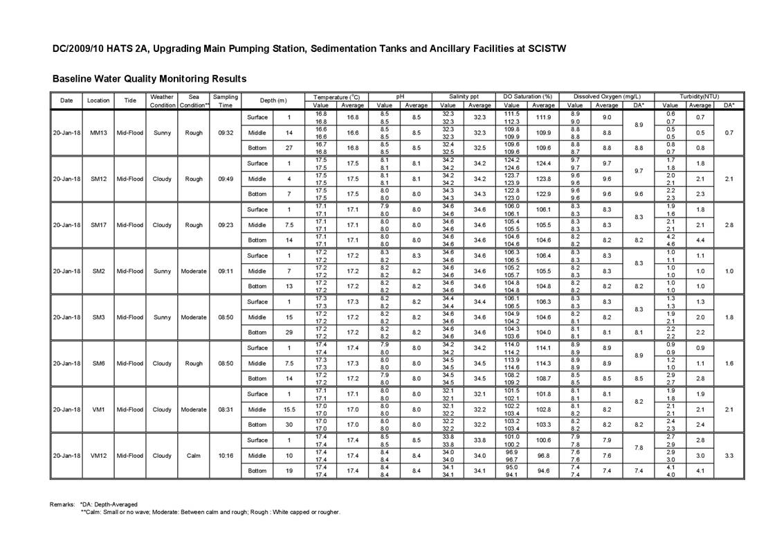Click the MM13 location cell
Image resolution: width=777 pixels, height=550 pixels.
pos(98,133)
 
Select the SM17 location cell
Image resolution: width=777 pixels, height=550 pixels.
pos(98,225)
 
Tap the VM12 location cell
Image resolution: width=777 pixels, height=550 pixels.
pos(98,456)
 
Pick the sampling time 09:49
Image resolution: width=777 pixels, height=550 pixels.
pos(225,179)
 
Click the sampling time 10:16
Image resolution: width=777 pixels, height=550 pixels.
pos(225,456)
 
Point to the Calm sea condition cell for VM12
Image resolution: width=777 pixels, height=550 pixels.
pos(194,456)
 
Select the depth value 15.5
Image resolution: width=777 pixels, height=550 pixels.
pos(289,409)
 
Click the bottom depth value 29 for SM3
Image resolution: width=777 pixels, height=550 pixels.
pos(289,332)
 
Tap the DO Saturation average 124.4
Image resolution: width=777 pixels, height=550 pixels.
pos(543,163)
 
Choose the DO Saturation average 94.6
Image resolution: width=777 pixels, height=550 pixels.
pos(543,471)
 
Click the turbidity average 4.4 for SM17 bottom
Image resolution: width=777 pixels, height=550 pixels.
pos(700,240)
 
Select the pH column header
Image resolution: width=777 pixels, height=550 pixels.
pos(400,96)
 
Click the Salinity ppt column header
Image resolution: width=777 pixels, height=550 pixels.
pos(464,96)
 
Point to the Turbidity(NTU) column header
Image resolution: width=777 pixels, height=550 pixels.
pos(699,96)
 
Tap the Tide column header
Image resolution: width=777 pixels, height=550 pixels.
pos(130,100)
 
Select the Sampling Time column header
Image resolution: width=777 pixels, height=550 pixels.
pos(225,100)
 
